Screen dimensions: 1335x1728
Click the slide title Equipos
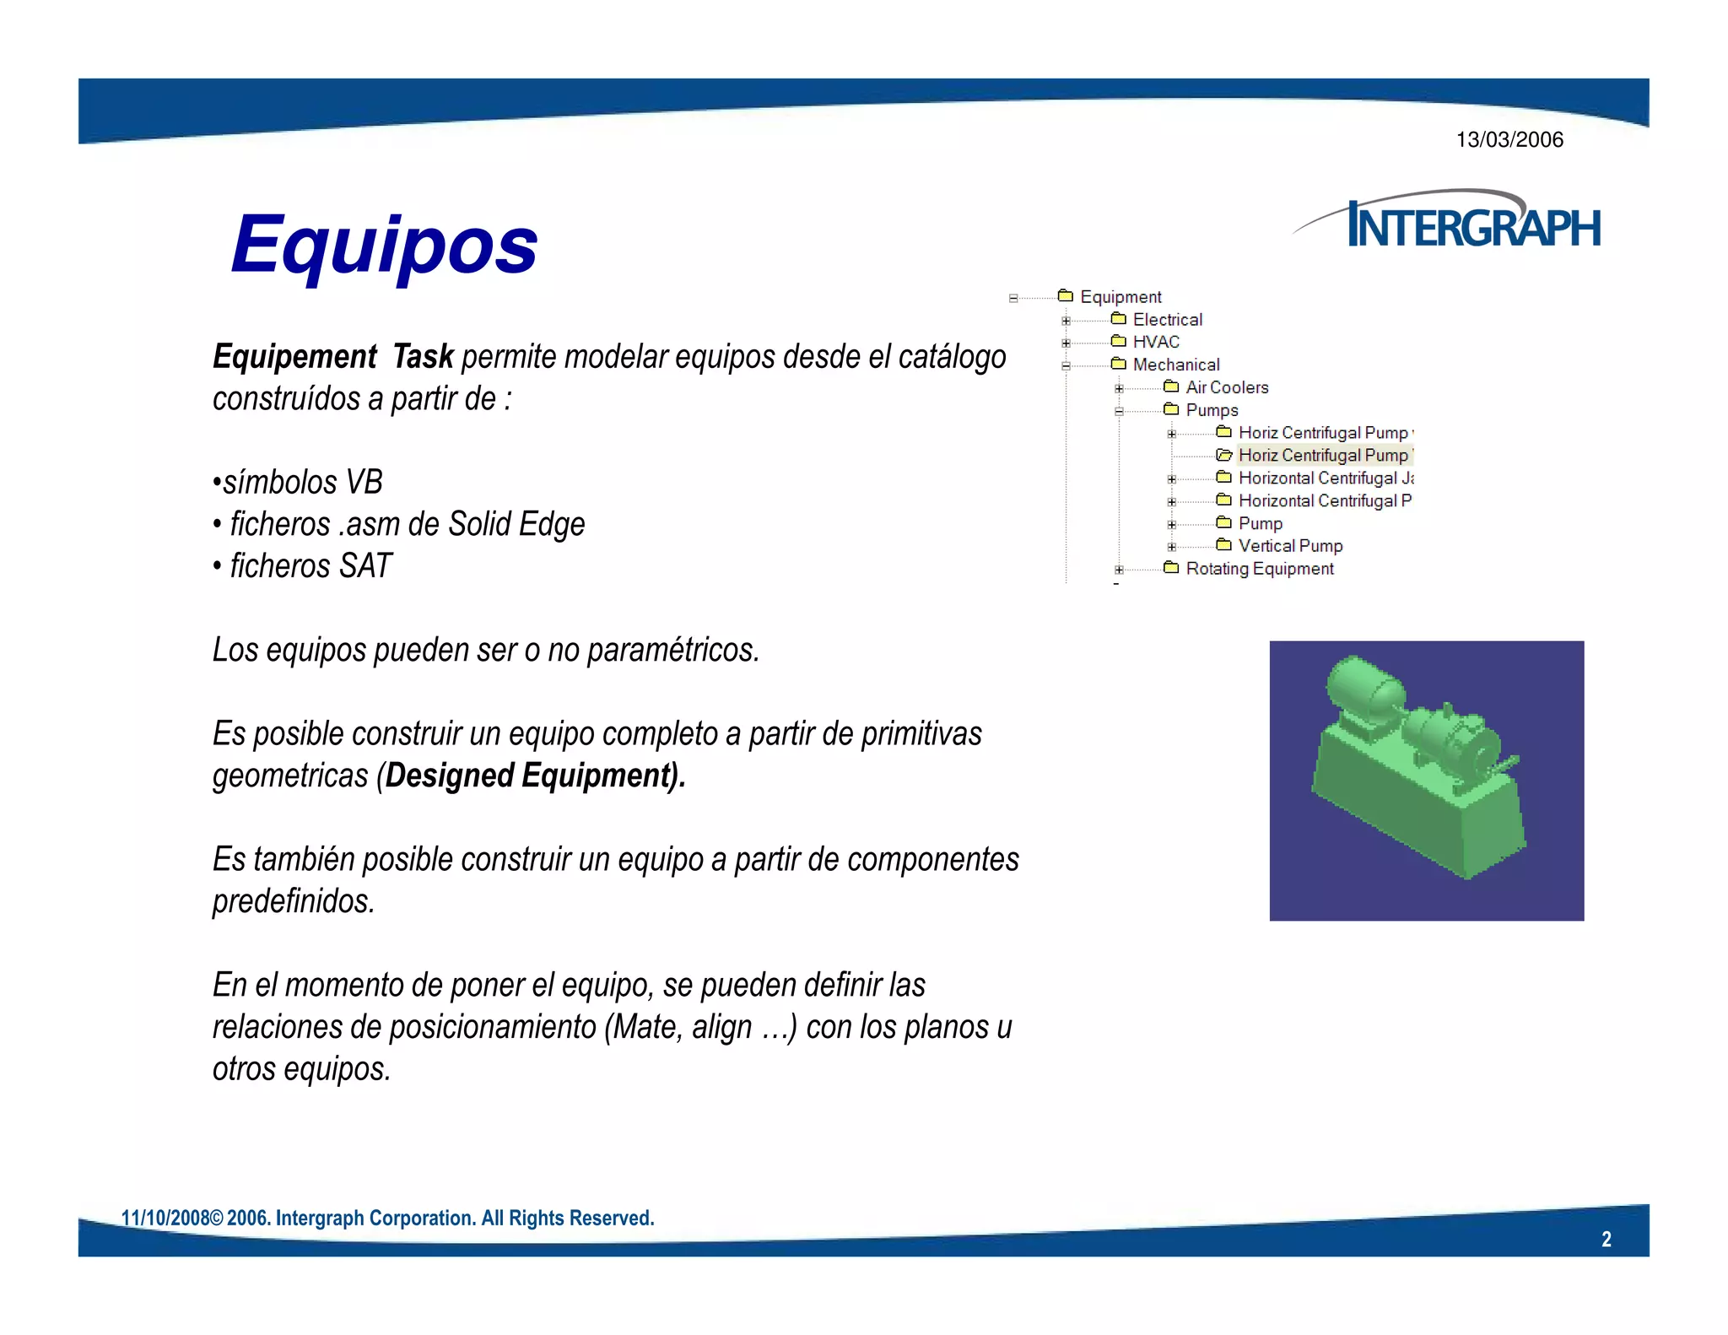pyautogui.click(x=384, y=245)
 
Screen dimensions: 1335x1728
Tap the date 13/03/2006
pyautogui.click(x=1509, y=140)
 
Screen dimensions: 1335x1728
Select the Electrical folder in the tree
pyautogui.click(x=1167, y=320)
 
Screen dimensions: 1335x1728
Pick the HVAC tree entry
pyautogui.click(x=1156, y=343)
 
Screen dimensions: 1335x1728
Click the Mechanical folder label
pyautogui.click(x=1176, y=365)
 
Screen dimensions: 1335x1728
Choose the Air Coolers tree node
pyautogui.click(x=1227, y=388)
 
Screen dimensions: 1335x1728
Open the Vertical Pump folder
pyautogui.click(x=1290, y=547)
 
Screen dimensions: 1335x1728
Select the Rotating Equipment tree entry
pyautogui.click(x=1260, y=570)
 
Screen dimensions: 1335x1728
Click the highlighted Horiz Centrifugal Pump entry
pyautogui.click(x=1323, y=456)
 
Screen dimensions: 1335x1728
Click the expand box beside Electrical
pyautogui.click(x=1066, y=321)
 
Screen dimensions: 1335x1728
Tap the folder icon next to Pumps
pyautogui.click(x=1171, y=410)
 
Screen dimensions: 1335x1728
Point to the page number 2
pyautogui.click(x=1606, y=1240)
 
